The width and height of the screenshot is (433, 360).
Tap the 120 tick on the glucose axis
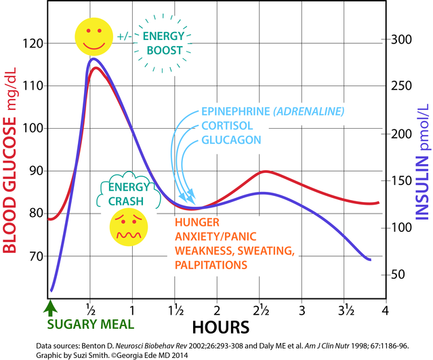[33, 43]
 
